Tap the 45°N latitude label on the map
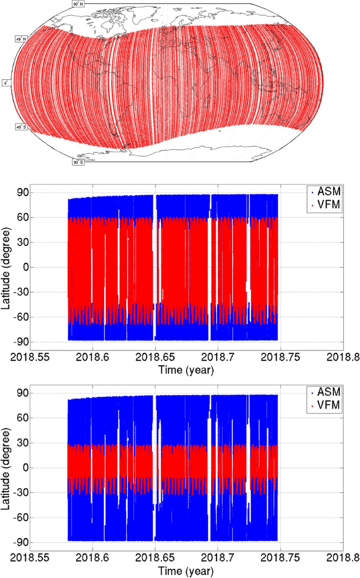(21, 39)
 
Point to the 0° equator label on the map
(6, 83)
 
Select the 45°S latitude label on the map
(21, 127)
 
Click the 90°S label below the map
(78, 162)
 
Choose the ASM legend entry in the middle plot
(326, 191)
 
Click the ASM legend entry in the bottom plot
(326, 391)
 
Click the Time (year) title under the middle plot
(186, 370)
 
